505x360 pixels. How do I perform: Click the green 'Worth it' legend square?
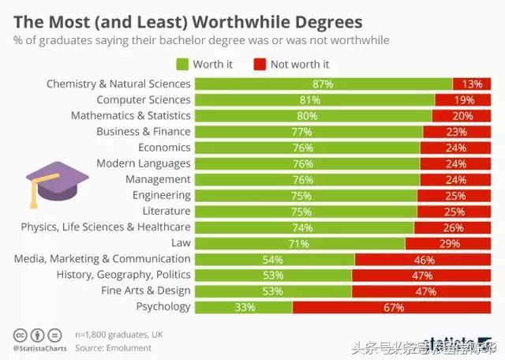click(181, 65)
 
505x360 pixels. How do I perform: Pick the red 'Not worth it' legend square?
click(260, 65)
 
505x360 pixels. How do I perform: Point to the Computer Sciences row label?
click(144, 99)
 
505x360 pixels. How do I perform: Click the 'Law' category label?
click(181, 242)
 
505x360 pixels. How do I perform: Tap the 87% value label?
click(323, 84)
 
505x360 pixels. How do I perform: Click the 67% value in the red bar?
click(394, 307)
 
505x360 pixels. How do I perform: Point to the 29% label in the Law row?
click(449, 243)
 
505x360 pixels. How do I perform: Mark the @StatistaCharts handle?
click(39, 347)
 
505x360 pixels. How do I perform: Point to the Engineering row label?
click(161, 195)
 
